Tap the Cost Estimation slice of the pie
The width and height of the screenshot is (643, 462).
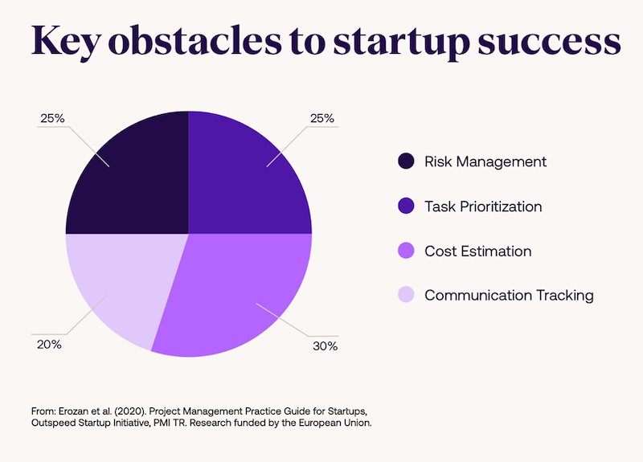click(241, 289)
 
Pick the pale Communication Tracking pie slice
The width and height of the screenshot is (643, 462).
click(121, 281)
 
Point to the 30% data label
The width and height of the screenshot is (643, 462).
click(326, 346)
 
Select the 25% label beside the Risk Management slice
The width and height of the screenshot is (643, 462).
click(52, 118)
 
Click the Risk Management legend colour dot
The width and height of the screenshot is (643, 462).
click(407, 161)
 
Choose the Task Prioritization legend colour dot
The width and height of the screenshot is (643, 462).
click(407, 206)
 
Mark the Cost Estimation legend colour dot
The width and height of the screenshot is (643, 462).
click(407, 251)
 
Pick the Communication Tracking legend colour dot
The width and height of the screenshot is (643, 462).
click(407, 295)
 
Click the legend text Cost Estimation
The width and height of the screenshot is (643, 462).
click(477, 251)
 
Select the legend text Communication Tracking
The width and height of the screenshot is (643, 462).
click(509, 295)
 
